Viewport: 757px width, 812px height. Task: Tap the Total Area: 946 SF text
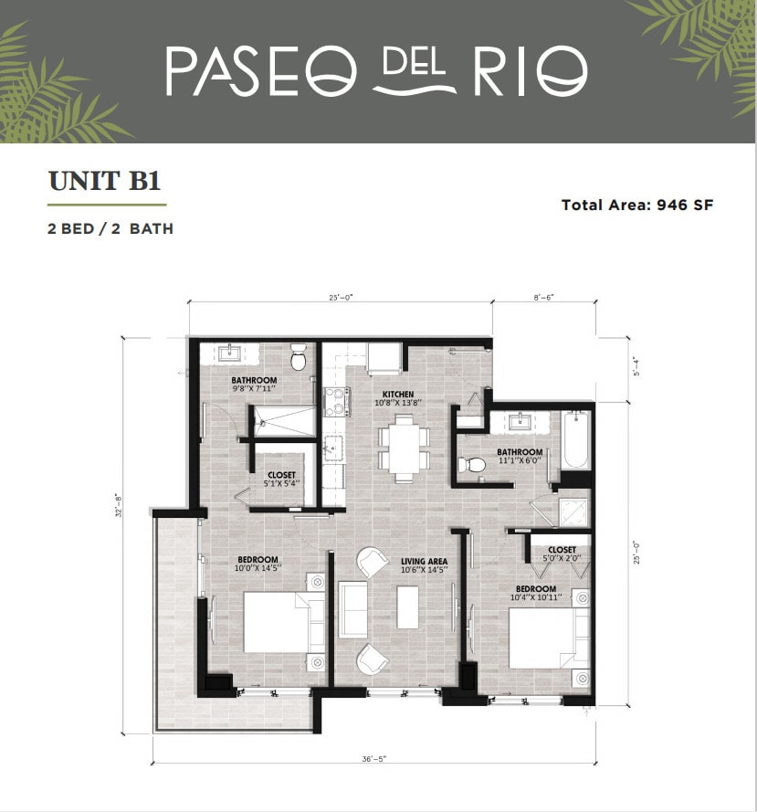coord(636,205)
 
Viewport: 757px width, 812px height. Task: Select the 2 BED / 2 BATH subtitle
coord(110,228)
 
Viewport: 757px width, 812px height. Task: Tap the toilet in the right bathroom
coord(470,464)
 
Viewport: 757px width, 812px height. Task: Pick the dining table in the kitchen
coord(404,447)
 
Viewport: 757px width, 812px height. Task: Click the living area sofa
coord(352,609)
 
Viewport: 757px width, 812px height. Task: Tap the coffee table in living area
coord(407,608)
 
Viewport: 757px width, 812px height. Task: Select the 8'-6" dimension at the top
coord(544,298)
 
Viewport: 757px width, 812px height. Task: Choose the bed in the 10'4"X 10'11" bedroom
coord(544,638)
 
